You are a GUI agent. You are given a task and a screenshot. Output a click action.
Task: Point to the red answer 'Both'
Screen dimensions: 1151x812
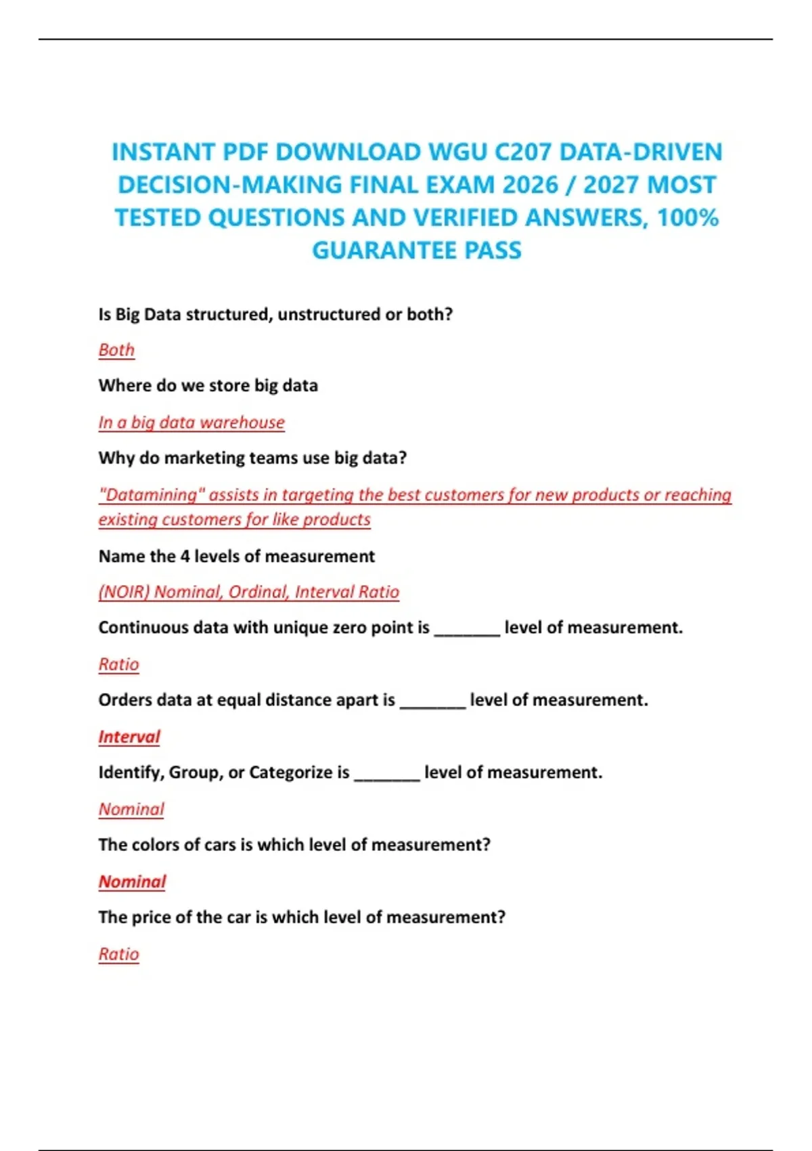pos(116,350)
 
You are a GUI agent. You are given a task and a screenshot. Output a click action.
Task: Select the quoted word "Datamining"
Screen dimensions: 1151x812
pos(151,495)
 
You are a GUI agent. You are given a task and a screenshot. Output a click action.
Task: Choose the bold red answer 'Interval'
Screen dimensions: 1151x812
pos(129,737)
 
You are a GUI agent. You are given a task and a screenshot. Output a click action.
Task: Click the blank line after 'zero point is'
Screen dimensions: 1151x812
pos(467,632)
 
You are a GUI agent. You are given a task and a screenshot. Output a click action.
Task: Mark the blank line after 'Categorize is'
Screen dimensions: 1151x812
pos(387,777)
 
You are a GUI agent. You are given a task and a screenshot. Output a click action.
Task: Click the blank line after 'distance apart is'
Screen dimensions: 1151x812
pos(432,705)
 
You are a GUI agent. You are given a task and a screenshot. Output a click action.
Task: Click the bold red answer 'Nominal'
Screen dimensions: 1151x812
pos(132,882)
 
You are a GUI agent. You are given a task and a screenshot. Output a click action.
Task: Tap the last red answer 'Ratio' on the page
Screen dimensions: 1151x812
pos(118,954)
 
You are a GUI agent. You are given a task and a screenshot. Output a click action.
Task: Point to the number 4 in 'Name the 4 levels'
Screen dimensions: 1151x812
pos(185,557)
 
